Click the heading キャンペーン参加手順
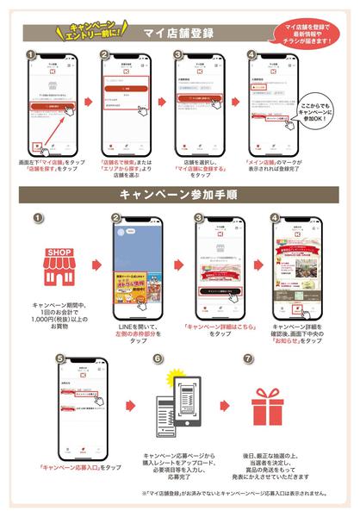[179, 196]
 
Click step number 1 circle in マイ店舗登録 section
[31, 55]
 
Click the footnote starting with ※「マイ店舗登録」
[225, 495]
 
